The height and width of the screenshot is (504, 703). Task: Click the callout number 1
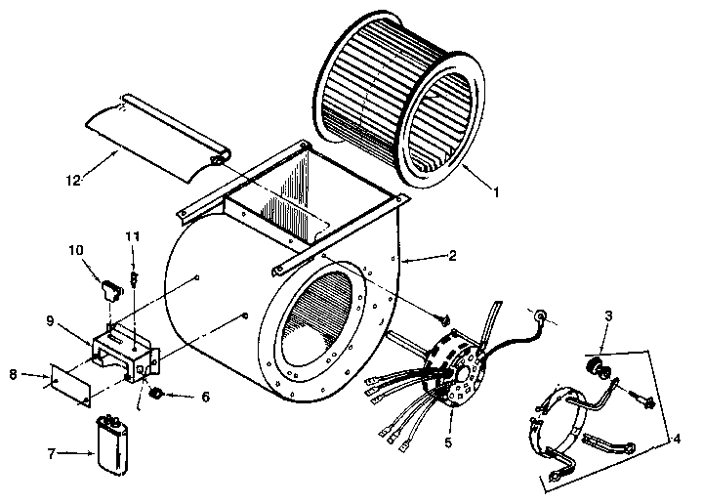click(x=496, y=192)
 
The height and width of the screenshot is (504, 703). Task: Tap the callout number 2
click(x=452, y=256)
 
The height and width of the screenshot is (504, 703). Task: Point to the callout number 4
click(x=678, y=439)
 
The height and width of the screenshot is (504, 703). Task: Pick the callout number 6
click(x=204, y=398)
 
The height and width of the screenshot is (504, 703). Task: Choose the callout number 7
click(x=52, y=453)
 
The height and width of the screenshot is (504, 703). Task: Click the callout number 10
click(x=76, y=251)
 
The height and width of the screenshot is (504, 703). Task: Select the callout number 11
click(x=134, y=237)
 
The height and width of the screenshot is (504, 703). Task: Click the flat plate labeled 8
click(x=71, y=382)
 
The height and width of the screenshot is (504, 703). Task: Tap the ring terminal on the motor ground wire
click(x=538, y=315)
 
